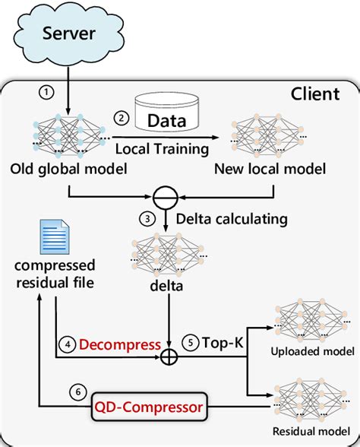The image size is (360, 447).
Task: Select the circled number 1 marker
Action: click(48, 93)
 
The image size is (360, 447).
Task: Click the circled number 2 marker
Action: click(121, 117)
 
